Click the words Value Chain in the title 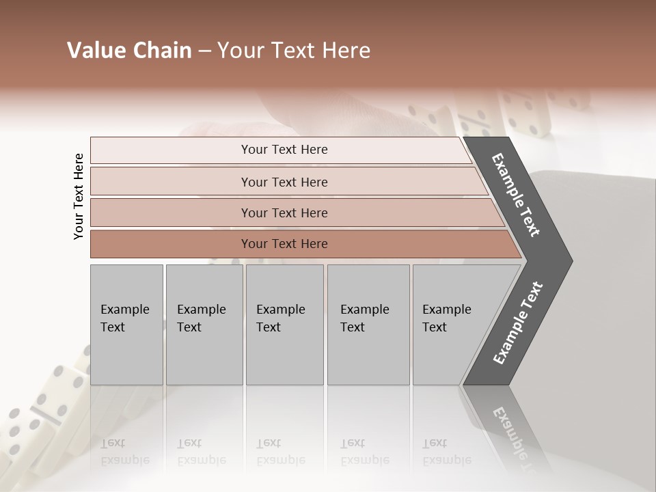point(129,51)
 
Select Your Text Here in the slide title point(294,51)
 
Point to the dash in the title point(204,51)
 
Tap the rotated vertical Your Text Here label point(79,196)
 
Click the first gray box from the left point(126,325)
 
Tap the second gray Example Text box point(204,325)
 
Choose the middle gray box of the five point(284,325)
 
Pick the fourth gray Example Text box point(368,325)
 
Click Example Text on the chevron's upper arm point(516,195)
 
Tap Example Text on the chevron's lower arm point(517,323)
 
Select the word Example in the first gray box point(124,310)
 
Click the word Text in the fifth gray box point(435,327)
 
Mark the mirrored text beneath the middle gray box point(280,452)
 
